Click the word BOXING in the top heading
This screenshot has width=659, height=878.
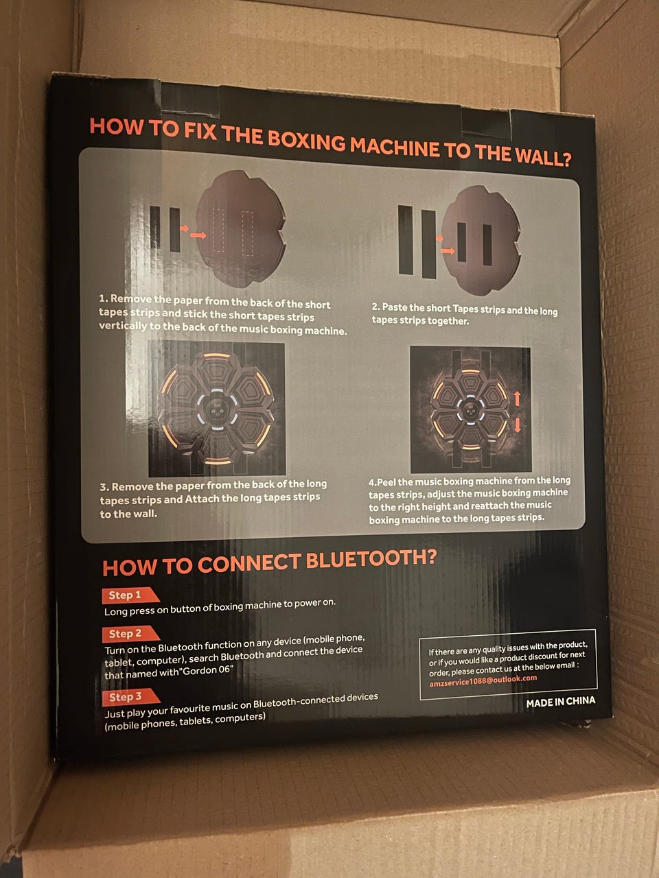pos(306,141)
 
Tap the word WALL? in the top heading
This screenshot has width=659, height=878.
pos(543,156)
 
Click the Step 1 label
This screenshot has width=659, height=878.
pos(125,595)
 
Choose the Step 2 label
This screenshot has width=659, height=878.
pos(125,634)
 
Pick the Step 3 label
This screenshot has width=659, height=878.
pos(126,696)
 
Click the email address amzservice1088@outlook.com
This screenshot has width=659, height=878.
pos(483,680)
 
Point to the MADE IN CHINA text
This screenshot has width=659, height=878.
pos(561,702)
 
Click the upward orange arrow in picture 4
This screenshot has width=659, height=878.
pos(517,399)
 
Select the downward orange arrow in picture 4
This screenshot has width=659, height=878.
pos(518,425)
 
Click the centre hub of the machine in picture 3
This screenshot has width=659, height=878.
pos(217,409)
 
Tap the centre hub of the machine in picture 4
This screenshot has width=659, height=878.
pos(471,410)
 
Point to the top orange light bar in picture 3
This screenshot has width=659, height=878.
pos(216,356)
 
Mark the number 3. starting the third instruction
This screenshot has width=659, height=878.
pos(104,487)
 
